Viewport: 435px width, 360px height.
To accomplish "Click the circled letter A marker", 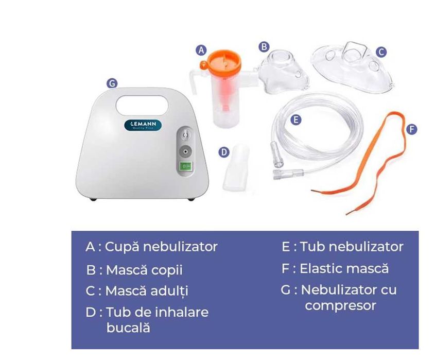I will [x=202, y=50].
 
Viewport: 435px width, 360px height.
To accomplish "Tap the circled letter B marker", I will [x=264, y=46].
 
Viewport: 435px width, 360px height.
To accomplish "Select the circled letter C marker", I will [x=381, y=52].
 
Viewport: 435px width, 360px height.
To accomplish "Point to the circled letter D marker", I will [x=223, y=152].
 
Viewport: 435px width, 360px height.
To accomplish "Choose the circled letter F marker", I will [x=411, y=129].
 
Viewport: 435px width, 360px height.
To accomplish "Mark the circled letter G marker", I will [x=112, y=83].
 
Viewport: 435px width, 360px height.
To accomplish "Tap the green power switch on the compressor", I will [x=185, y=166].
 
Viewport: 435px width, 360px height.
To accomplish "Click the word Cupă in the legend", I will [x=122, y=247].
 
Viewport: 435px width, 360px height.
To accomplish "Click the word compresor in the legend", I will [x=340, y=305].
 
